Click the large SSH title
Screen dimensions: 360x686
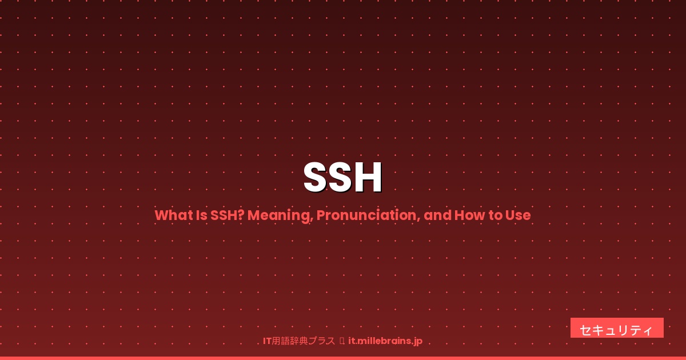point(343,178)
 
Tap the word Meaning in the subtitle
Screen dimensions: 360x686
point(280,215)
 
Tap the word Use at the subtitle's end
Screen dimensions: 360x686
point(518,215)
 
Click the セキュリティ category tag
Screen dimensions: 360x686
point(617,329)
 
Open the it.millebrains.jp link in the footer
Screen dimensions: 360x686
point(385,341)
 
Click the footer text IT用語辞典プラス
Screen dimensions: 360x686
point(299,341)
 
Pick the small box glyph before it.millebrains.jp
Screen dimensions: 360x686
point(342,341)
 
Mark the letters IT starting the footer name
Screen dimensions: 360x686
point(267,341)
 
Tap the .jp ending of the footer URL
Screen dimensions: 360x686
point(417,342)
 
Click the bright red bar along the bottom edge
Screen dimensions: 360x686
point(343,358)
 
